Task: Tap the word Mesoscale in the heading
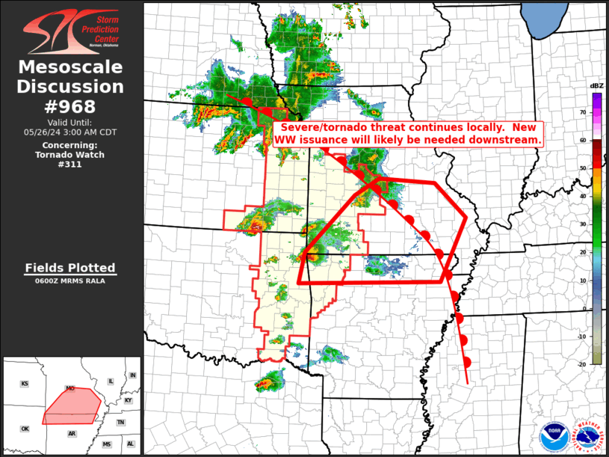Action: point(70,68)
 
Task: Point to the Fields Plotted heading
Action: point(70,267)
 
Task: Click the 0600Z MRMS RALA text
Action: point(70,281)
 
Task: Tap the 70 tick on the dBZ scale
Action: point(584,112)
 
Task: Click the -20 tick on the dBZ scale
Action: point(582,362)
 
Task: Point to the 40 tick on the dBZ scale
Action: point(584,196)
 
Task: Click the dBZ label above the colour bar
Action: point(597,86)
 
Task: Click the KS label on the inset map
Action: point(25,384)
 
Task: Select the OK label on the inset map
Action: point(25,429)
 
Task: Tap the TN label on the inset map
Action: point(120,423)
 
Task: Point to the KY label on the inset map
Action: point(129,400)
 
